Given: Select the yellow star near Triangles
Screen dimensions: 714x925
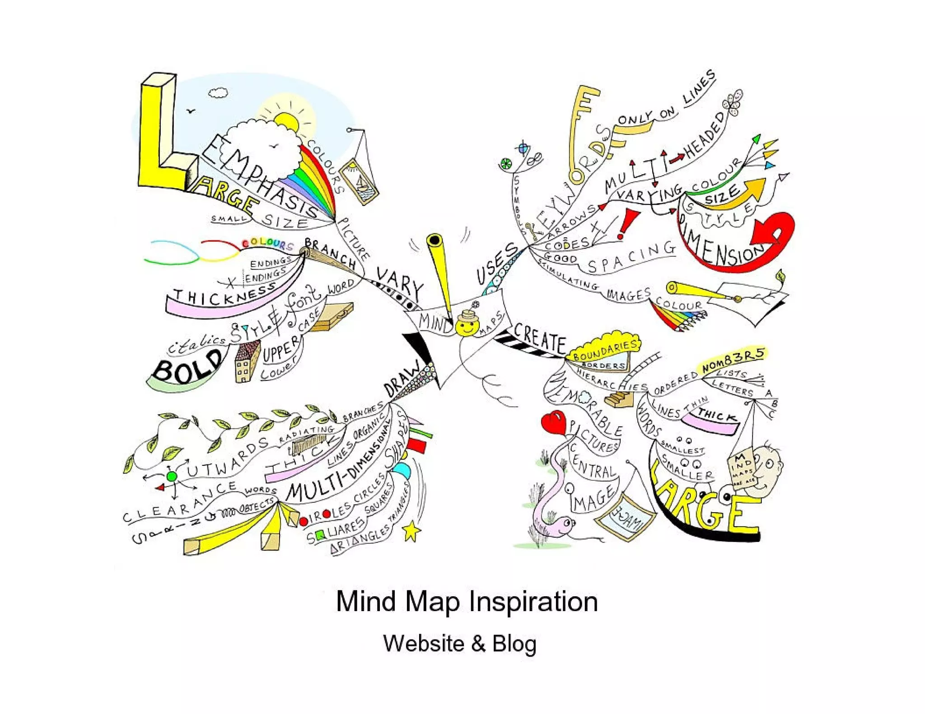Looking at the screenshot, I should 411,531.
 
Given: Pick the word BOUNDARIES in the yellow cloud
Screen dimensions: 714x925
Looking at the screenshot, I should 605,350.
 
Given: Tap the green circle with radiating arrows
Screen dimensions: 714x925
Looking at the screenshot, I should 172,476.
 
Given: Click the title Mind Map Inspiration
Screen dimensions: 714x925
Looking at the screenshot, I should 467,601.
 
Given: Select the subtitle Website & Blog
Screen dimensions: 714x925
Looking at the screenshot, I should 460,643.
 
